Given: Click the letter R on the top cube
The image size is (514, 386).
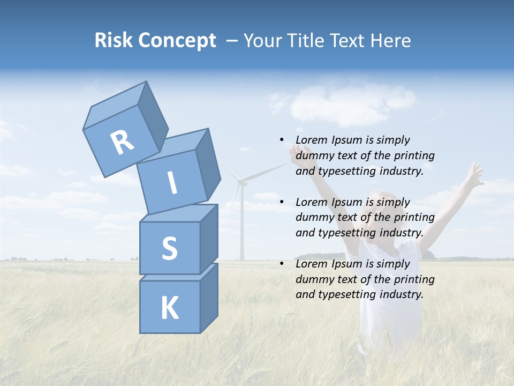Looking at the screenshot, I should click(122, 143).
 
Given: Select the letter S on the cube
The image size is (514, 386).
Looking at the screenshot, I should click(169, 248).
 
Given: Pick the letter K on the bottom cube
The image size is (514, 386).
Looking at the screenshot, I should click(169, 308).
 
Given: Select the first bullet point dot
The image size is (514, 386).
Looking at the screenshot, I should click(282, 140).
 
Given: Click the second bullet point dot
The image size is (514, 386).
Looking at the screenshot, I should click(282, 202).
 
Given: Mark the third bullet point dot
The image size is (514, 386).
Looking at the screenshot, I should click(282, 264).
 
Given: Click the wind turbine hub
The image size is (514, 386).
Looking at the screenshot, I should click(242, 182).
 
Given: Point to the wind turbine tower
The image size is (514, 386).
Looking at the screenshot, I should click(241, 225).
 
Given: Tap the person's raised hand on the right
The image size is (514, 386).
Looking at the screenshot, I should click(474, 174).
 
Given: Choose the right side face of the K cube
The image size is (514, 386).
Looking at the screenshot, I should click(209, 298).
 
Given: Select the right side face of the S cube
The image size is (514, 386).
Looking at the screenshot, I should click(209, 239).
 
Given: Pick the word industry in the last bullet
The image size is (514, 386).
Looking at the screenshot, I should click(399, 294).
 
